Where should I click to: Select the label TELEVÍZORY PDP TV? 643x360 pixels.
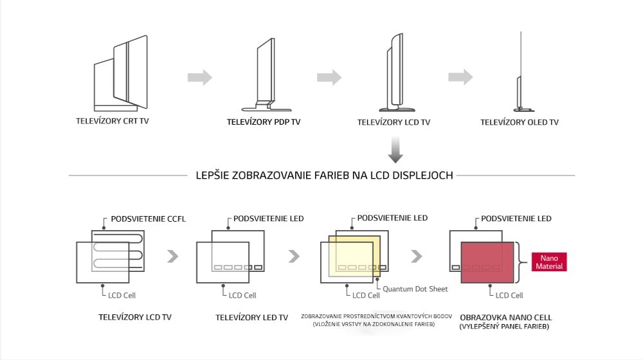pos(263,122)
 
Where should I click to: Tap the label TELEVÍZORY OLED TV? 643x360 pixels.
pos(520,122)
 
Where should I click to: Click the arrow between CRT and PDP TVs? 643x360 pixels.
pos(200,78)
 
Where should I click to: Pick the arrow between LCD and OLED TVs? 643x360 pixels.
pos(460,77)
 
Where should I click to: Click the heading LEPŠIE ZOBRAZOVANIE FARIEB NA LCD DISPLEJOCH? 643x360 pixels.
pos(324,175)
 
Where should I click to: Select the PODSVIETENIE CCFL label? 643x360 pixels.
pos(148,219)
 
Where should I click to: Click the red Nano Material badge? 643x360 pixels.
pos(549,262)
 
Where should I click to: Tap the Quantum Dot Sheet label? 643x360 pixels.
pos(415,289)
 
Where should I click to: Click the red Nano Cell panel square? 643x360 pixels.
pos(489,262)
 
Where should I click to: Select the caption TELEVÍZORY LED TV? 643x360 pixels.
pos(251,317)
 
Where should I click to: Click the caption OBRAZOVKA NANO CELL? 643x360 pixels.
pos(505,318)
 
